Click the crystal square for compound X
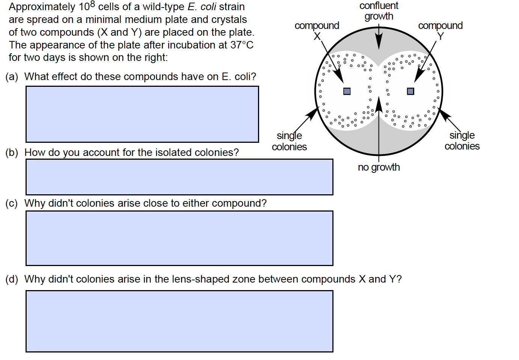(x=347, y=91)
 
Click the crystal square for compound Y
(x=410, y=91)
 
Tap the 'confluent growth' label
(x=379, y=11)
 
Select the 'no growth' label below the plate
(x=379, y=167)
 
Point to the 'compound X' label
(x=317, y=30)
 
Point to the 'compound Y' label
(x=440, y=30)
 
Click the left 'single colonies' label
(x=289, y=141)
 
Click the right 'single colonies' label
(x=462, y=141)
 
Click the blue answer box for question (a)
(x=142, y=114)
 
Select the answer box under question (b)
(x=179, y=177)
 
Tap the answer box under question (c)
(x=179, y=238)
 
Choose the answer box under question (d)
(x=179, y=321)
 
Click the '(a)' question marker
(x=12, y=77)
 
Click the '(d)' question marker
(x=12, y=279)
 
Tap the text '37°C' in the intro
(x=242, y=45)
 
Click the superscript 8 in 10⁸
(x=93, y=4)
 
